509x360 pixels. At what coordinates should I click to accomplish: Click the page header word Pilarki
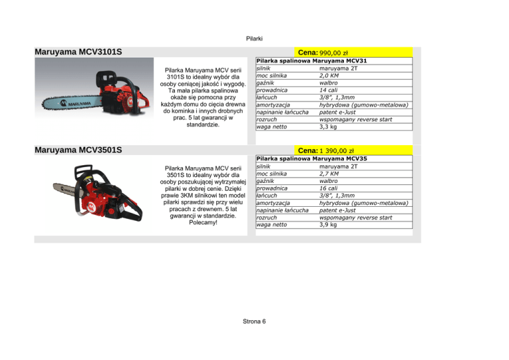coord(254,38)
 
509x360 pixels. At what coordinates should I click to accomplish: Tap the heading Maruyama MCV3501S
coord(78,150)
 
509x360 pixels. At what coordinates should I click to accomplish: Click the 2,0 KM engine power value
coord(329,75)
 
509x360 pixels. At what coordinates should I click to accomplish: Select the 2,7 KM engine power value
coord(329,174)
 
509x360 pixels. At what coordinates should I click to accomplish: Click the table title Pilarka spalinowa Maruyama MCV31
coord(311,60)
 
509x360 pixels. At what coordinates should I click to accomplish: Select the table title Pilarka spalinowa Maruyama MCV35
coord(311,159)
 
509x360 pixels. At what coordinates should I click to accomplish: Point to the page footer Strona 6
coord(254,322)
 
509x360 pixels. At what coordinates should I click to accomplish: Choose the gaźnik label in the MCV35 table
coord(267,181)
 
